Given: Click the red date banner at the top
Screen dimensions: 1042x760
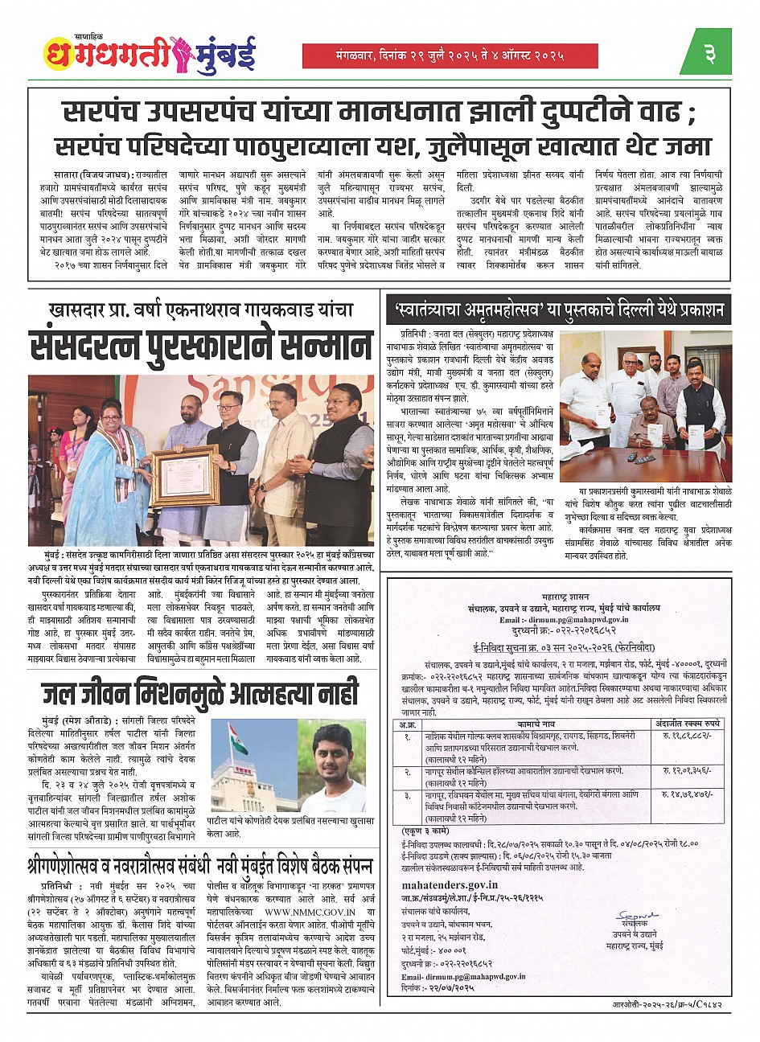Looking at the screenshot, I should click(x=450, y=55).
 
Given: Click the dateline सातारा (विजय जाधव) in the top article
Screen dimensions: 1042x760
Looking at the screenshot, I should click(x=77, y=173).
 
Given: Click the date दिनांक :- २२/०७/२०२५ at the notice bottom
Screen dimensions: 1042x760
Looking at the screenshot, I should click(x=434, y=987).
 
